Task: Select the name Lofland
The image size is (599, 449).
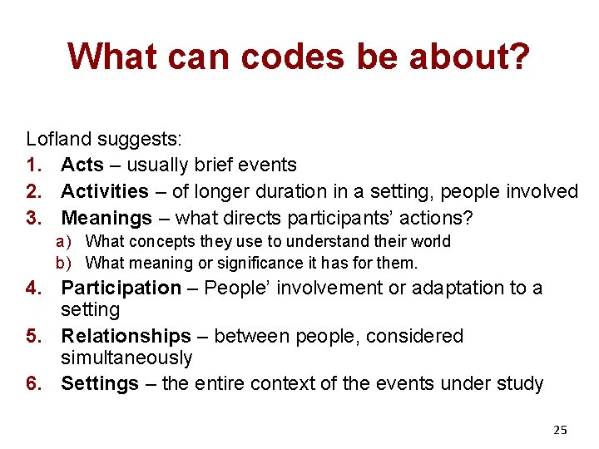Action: [x=59, y=138]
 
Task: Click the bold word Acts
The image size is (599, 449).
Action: [x=82, y=165]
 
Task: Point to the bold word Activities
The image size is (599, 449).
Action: [x=105, y=191]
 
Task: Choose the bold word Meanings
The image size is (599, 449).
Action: [x=107, y=218]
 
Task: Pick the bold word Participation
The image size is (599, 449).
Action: [x=121, y=288]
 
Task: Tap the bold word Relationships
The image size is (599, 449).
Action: [x=126, y=336]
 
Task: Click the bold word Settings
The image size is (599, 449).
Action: [x=100, y=383]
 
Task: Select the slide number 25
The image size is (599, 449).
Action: [x=560, y=430]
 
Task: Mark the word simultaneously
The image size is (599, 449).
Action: [x=126, y=358]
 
